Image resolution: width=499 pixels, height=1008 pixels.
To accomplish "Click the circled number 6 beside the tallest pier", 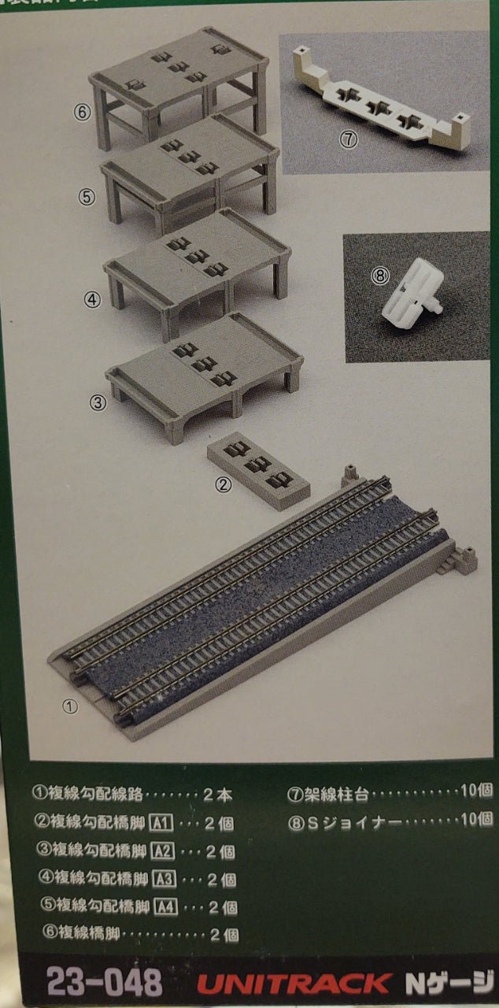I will pyautogui.click(x=84, y=113).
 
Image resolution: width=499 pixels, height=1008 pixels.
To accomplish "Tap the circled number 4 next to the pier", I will pyautogui.click(x=93, y=298).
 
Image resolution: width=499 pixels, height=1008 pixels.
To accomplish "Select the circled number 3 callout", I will pyautogui.click(x=98, y=402).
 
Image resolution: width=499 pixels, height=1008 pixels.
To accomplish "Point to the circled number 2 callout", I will pyautogui.click(x=224, y=485).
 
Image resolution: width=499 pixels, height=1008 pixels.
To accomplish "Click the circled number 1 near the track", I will pyautogui.click(x=71, y=706).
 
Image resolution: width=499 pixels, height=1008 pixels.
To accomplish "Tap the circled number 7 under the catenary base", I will pyautogui.click(x=349, y=139).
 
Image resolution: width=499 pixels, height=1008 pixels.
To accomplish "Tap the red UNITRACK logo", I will pyautogui.click(x=293, y=984).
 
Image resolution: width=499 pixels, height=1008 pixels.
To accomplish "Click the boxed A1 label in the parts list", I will pyautogui.click(x=161, y=824).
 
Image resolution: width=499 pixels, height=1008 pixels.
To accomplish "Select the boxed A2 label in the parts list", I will pyautogui.click(x=161, y=850).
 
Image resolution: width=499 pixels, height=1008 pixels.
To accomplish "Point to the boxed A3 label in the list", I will pyautogui.click(x=161, y=878).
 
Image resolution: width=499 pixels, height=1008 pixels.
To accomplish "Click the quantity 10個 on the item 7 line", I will pyautogui.click(x=475, y=792).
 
